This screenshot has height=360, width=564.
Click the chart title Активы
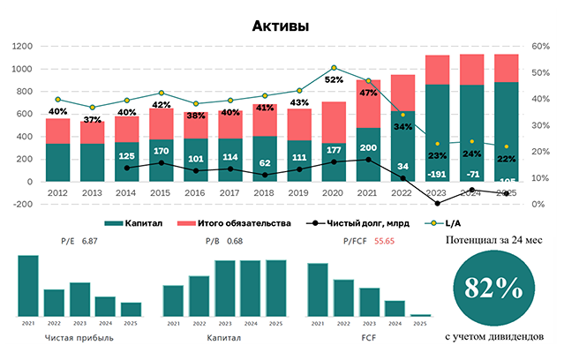click(280, 26)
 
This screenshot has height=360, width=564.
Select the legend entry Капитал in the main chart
click(145, 223)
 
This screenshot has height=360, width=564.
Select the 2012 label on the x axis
click(57, 192)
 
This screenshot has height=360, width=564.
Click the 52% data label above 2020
click(333, 79)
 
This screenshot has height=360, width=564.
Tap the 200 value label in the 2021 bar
click(368, 147)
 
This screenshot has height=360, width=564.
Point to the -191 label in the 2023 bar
click(437, 175)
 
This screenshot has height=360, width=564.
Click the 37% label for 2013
click(92, 119)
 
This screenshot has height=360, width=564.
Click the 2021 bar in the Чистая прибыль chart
click(29, 285)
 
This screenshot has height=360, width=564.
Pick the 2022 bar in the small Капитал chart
click(199, 296)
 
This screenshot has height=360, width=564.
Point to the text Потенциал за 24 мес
click(494, 239)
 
